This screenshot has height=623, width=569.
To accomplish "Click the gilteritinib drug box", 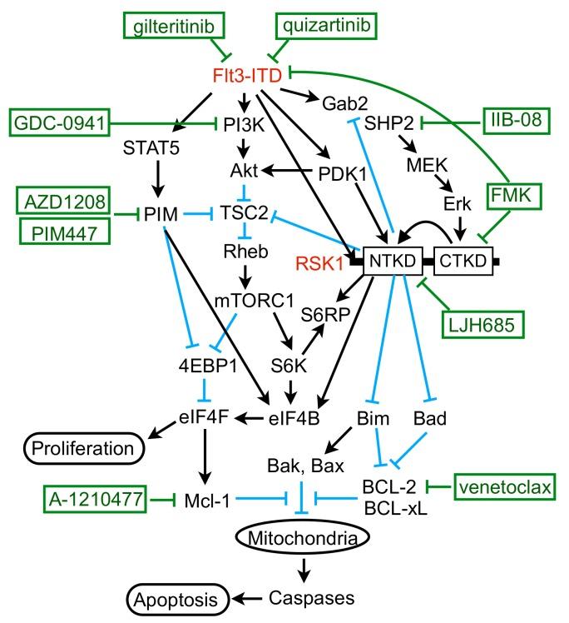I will pos(177,27).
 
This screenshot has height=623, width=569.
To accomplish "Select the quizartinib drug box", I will pos(325,27).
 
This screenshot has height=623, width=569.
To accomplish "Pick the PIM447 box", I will pos(62,231).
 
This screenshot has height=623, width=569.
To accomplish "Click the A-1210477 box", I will pos(91,500).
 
